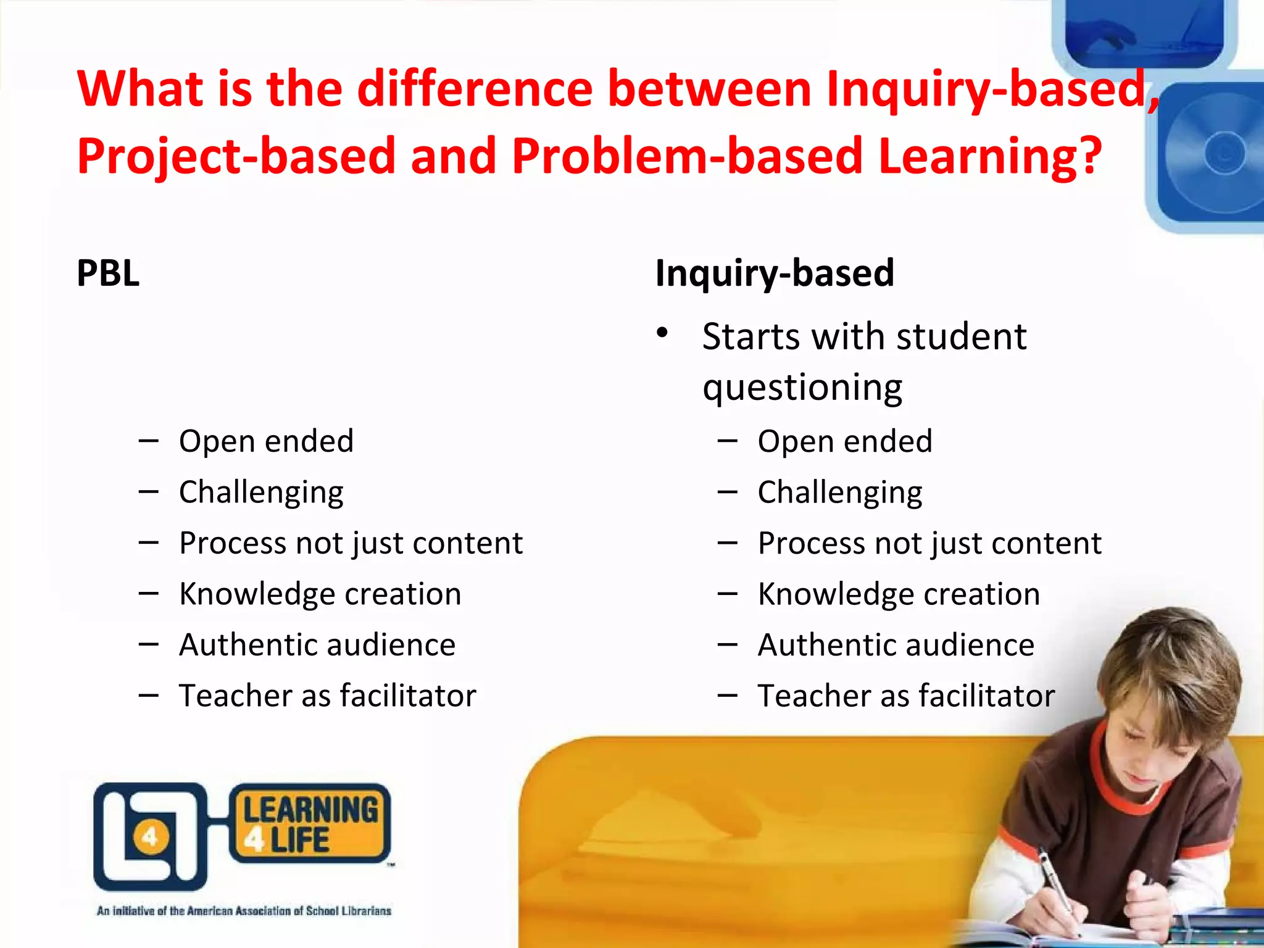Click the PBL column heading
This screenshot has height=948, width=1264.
[x=108, y=273]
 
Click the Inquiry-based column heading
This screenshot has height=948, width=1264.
[x=775, y=273]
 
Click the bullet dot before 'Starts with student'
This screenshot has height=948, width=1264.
[x=662, y=333]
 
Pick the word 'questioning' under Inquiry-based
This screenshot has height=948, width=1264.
[x=802, y=388]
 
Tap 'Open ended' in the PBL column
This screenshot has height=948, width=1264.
[x=266, y=441]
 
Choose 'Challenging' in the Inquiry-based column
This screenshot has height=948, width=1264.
[x=840, y=493]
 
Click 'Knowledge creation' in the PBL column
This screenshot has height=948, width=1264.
[x=320, y=594]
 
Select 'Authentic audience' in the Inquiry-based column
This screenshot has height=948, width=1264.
[x=896, y=645]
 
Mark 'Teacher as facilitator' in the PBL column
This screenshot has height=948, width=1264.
[x=328, y=696]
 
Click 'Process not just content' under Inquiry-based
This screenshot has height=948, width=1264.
[x=929, y=543]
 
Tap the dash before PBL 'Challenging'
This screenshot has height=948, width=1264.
[x=149, y=492]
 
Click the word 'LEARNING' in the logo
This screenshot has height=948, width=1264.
[x=310, y=810]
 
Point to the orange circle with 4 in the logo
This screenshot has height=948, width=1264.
[x=150, y=838]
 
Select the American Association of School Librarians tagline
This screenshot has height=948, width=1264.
[x=244, y=911]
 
